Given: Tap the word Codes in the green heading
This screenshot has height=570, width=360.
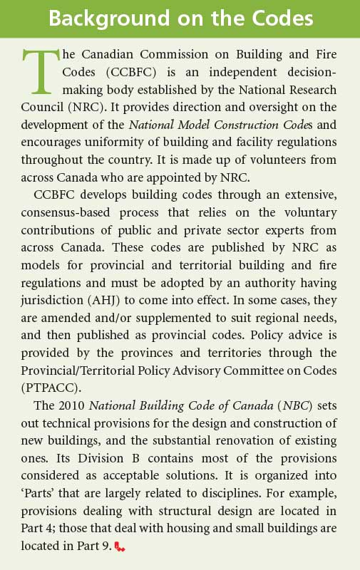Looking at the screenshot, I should [x=279, y=19].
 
